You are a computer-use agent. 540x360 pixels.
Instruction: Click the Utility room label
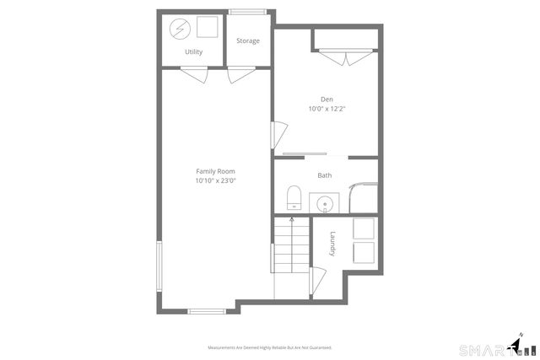(193, 52)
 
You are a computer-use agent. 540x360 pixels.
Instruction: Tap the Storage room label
(247, 41)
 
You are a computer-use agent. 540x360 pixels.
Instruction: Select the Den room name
(326, 99)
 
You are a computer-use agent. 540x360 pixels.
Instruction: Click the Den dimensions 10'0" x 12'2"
(326, 109)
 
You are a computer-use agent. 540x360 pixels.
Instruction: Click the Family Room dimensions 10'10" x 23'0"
(215, 180)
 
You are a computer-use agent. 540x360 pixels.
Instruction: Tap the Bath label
(325, 175)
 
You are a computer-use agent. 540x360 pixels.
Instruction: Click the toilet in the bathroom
(294, 198)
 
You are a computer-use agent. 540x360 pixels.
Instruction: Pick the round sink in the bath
(325, 203)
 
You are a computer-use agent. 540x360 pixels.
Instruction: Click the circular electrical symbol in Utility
(180, 30)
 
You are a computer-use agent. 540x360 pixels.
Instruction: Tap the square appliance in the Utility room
(205, 29)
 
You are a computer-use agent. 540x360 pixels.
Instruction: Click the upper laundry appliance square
(364, 228)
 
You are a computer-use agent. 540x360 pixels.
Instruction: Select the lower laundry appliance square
(364, 251)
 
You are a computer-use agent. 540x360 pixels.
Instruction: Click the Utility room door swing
(197, 77)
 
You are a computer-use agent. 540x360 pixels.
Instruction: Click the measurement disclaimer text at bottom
(270, 347)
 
